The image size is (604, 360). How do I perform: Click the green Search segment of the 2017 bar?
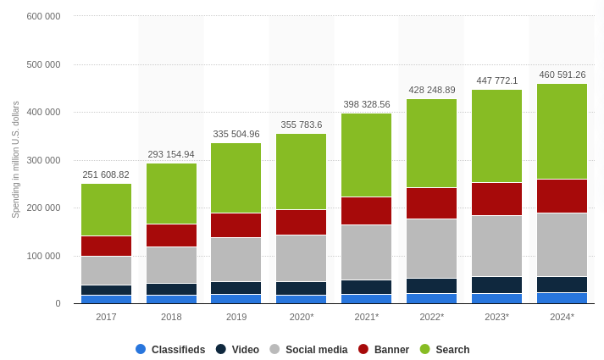(106, 209)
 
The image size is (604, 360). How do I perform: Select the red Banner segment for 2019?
(236, 224)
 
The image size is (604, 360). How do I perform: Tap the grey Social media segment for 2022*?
(431, 248)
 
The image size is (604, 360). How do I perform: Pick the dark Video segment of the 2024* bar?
(562, 284)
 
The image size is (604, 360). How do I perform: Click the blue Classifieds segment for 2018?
(171, 298)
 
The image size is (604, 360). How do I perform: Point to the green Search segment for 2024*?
(562, 131)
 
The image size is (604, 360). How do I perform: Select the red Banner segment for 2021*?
(366, 210)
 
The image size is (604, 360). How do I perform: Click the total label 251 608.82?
(106, 174)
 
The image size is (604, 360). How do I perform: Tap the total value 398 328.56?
(366, 104)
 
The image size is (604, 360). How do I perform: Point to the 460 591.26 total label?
(562, 75)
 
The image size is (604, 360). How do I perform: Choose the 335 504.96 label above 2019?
(236, 134)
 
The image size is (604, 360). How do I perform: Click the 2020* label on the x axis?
(302, 317)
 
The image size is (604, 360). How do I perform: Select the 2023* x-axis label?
(496, 317)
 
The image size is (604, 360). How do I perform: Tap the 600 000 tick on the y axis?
(43, 16)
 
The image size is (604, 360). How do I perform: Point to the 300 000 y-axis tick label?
(43, 160)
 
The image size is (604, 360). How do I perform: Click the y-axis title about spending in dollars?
(15, 159)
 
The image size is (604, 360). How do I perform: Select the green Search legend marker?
(425, 349)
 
